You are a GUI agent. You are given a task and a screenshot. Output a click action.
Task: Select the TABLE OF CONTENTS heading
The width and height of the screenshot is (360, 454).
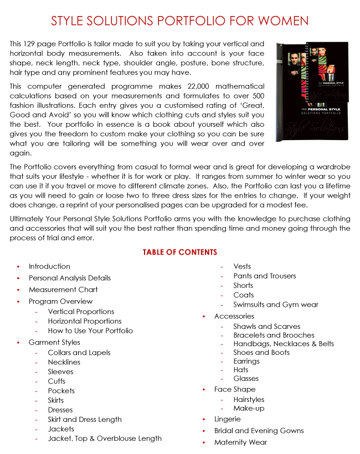click(x=180, y=252)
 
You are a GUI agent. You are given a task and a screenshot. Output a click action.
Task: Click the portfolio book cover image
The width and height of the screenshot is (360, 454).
click(x=312, y=91)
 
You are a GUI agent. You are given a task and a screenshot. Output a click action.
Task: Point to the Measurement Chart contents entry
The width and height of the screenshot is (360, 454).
click(x=63, y=290)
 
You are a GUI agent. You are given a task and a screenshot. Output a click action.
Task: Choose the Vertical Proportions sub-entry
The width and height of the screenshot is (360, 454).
click(x=81, y=312)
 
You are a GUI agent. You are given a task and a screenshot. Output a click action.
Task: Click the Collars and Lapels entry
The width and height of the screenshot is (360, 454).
click(x=79, y=353)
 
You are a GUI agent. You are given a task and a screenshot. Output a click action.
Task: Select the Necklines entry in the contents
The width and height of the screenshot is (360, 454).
click(x=64, y=362)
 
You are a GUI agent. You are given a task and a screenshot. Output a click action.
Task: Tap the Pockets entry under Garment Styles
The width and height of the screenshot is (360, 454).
click(x=61, y=391)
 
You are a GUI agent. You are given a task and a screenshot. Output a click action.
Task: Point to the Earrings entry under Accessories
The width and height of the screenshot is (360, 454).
click(x=246, y=361)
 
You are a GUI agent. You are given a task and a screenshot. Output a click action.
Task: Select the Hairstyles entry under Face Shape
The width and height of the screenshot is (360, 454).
click(x=249, y=399)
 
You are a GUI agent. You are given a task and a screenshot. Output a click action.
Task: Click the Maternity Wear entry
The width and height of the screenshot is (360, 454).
click(x=240, y=442)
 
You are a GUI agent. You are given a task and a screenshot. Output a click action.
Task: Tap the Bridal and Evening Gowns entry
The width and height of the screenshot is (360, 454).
click(x=259, y=431)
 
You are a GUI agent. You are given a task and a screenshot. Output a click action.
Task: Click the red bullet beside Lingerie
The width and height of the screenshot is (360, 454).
click(x=204, y=420)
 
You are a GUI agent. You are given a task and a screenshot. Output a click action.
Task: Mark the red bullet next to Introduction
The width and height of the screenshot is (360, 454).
click(x=18, y=267)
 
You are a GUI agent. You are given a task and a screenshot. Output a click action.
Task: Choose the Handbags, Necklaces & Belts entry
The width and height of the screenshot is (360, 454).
click(x=284, y=344)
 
